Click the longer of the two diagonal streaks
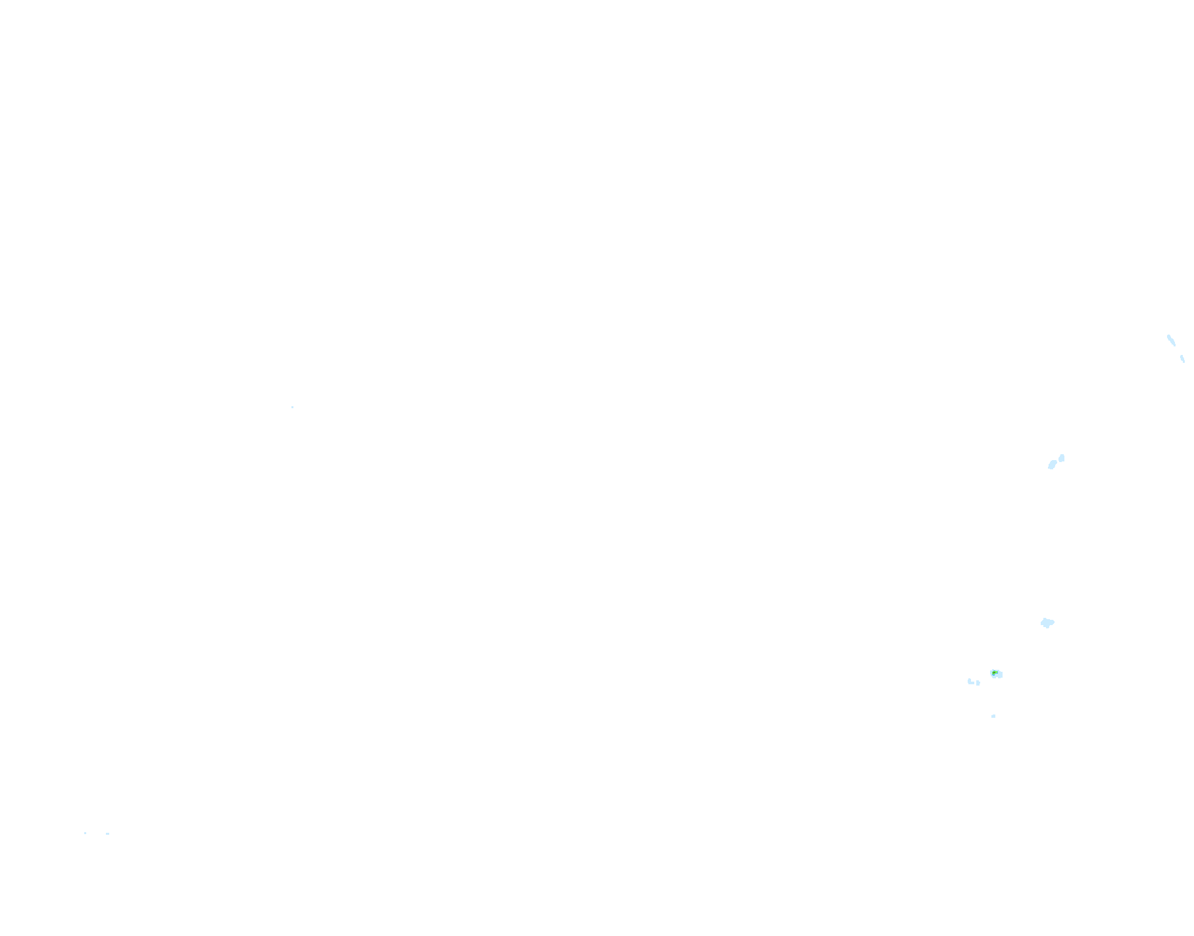click(x=1171, y=340)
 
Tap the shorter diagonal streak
click(x=1182, y=359)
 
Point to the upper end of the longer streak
click(x=1168, y=336)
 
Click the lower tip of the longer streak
click(x=1174, y=345)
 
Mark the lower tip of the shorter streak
click(x=1183, y=362)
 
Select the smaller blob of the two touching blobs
click(x=1061, y=457)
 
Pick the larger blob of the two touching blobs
click(x=1052, y=465)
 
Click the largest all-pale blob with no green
click(x=1047, y=622)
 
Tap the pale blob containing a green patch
click(x=996, y=674)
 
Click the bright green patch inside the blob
click(x=994, y=673)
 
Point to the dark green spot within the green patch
click(x=993, y=673)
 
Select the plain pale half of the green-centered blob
click(x=999, y=674)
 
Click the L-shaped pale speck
click(x=970, y=682)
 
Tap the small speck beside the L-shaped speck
click(x=978, y=683)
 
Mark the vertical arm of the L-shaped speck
click(x=969, y=680)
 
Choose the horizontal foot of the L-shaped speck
click(x=972, y=683)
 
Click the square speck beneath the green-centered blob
click(x=993, y=716)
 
